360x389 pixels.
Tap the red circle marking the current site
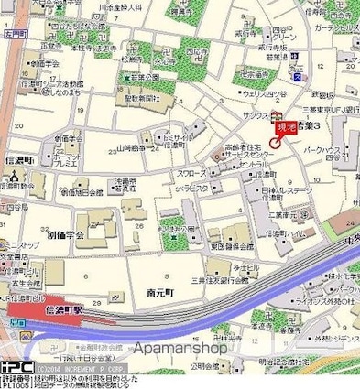coord(276,141)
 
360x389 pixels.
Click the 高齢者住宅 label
coord(245,146)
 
